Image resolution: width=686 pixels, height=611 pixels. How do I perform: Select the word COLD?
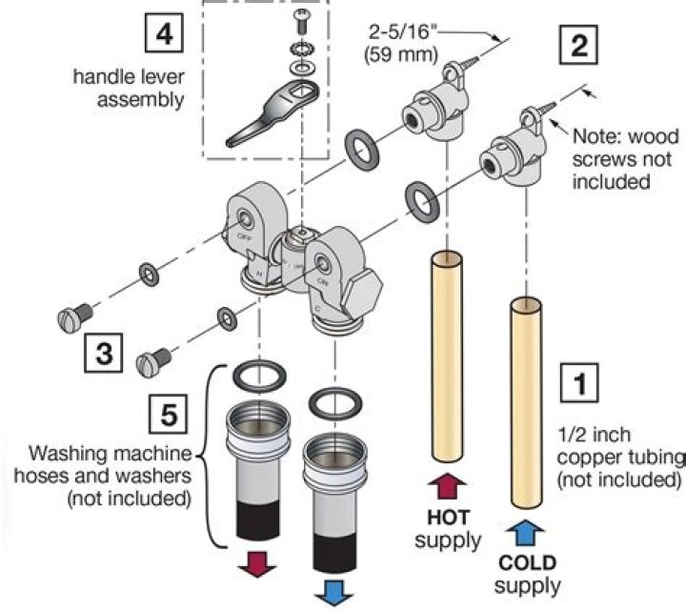coord(527,562)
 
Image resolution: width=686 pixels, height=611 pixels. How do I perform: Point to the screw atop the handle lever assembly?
coord(303,17)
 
